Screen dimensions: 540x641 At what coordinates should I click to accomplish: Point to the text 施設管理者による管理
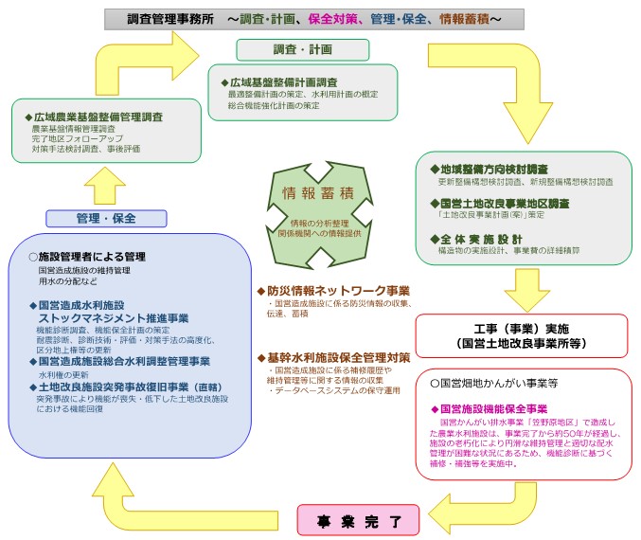click(91, 257)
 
